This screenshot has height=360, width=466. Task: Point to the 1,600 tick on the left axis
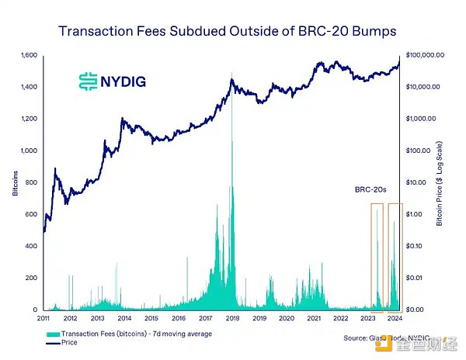click(x=29, y=55)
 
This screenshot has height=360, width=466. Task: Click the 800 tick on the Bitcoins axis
click(x=32, y=182)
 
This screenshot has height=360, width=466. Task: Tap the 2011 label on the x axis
click(x=43, y=318)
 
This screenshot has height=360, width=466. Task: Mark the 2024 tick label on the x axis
click(x=395, y=318)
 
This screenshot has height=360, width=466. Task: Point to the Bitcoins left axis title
click(x=16, y=182)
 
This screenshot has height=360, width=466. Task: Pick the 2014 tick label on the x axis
click(x=124, y=318)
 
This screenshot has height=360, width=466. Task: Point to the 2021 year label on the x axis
click(x=314, y=318)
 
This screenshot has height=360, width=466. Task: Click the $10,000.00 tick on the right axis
click(x=424, y=87)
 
